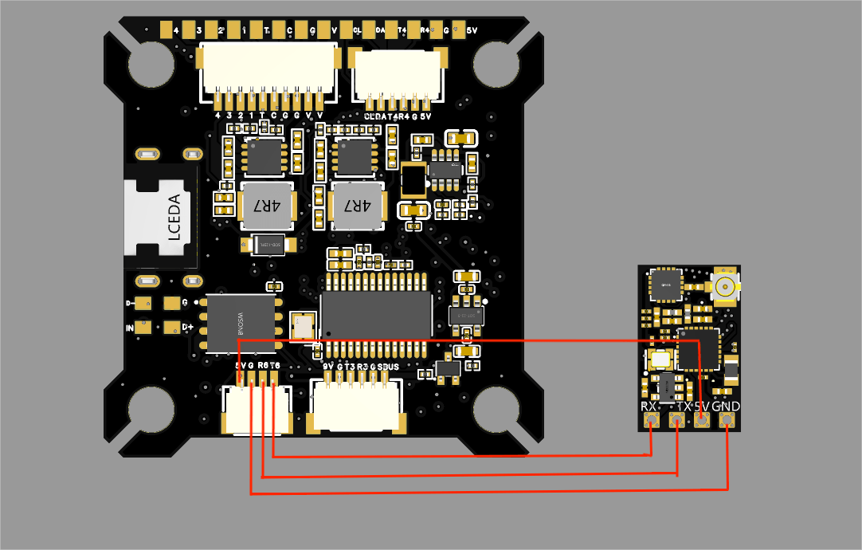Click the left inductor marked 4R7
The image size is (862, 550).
[266, 205]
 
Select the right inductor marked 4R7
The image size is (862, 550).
[357, 205]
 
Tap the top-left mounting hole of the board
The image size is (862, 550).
[151, 64]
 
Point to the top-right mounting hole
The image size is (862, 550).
[496, 64]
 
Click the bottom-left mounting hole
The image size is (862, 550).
[151, 411]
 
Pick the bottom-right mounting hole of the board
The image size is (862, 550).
[496, 411]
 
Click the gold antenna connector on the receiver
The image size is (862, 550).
[725, 286]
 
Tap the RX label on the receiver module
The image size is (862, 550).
[649, 407]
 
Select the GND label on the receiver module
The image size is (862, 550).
[726, 407]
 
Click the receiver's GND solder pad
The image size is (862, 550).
[727, 421]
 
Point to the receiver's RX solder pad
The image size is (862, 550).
[652, 421]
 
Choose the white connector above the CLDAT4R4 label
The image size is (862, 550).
[397, 73]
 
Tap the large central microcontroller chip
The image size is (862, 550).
[376, 313]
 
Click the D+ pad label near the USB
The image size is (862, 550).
[188, 327]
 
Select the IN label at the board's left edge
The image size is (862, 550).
[130, 328]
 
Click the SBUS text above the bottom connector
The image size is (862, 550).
[388, 367]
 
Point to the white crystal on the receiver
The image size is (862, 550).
[660, 359]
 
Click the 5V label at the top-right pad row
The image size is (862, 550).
[472, 31]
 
